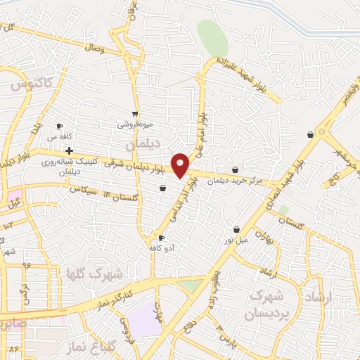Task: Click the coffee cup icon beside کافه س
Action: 60,127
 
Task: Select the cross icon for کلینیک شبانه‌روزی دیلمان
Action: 69,150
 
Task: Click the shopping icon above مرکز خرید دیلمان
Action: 235,169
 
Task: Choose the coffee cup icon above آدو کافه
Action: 162,238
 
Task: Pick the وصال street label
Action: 93,49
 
